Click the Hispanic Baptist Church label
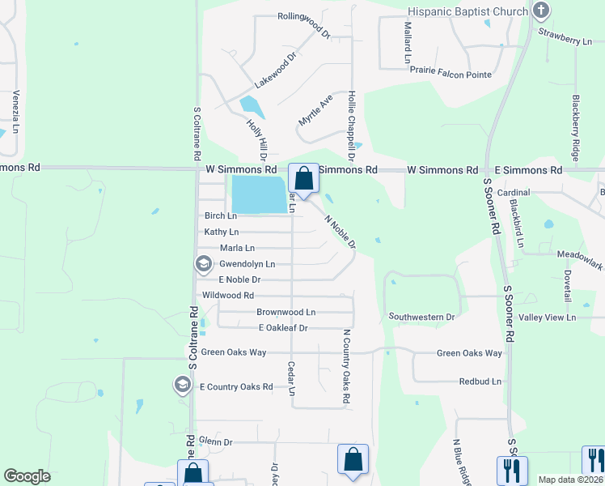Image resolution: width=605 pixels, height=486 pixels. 467,11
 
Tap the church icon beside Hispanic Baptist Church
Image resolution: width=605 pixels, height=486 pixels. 541,11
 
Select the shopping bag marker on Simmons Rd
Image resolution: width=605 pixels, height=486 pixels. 303,179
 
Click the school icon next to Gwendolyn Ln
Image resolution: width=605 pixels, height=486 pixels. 202,264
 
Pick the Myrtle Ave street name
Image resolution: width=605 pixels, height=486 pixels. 315,109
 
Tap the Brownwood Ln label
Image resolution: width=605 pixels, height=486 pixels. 286,312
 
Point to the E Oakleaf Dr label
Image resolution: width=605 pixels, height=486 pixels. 283,328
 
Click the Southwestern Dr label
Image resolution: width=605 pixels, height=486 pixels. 421,316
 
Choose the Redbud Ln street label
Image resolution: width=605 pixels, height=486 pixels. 480,381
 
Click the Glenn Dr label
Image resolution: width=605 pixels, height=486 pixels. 216,442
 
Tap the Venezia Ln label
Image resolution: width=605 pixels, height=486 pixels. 15,113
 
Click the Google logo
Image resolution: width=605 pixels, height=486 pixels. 27,476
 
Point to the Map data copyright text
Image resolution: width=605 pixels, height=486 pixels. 570,480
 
